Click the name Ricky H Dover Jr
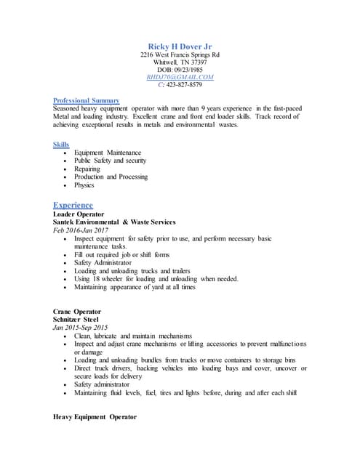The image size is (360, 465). [x=180, y=46]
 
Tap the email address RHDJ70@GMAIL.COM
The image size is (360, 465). [x=180, y=76]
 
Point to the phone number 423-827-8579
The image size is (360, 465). [x=185, y=84]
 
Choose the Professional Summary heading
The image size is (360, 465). [x=87, y=100]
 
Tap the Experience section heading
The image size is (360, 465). [x=73, y=205]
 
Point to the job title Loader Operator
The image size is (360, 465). [x=79, y=214]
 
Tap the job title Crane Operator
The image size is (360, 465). [x=77, y=311]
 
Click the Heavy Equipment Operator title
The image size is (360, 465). [x=95, y=417]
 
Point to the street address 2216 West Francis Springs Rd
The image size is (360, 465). [x=180, y=54]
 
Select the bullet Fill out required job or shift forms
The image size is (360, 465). [x=121, y=255]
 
